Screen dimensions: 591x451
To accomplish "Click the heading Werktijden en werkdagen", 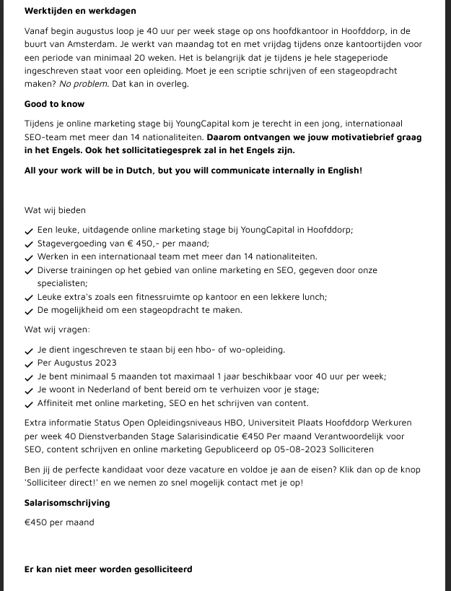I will pos(80,11).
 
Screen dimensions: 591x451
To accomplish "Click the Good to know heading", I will pos(55,104).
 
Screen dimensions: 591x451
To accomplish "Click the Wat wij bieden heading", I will pos(55,210).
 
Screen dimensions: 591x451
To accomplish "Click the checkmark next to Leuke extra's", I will pos(29,298).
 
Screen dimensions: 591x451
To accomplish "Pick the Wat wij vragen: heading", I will pos(57,329).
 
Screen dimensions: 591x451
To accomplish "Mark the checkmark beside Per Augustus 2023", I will pos(29,363).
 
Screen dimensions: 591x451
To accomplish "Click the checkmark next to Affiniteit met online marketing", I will pos(29,404).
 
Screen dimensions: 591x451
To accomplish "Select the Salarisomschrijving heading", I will pos(67,502).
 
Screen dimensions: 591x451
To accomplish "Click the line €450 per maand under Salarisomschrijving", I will pos(59,522).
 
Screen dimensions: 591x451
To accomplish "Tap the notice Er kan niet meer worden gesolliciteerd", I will pos(108,569).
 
